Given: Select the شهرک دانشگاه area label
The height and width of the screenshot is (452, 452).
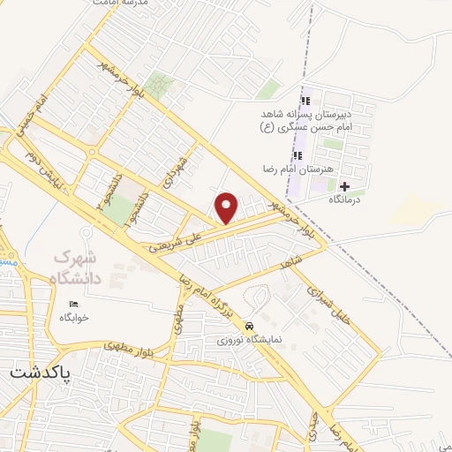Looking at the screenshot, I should pos(79,267).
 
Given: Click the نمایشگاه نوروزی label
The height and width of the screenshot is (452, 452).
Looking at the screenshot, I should pos(251,338).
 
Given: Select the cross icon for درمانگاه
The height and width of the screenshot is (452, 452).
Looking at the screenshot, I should pos(344,186).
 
